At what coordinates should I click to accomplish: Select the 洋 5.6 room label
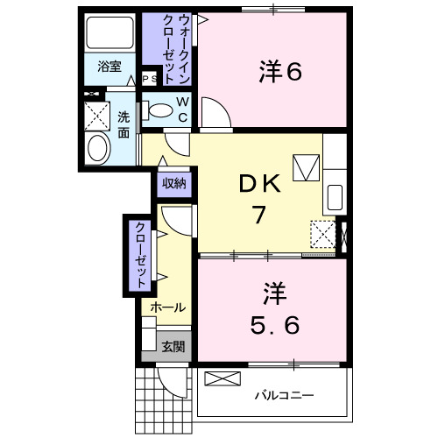[x=273, y=308]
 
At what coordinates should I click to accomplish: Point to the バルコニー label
[x=284, y=396]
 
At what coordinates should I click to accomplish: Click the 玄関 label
[x=173, y=347]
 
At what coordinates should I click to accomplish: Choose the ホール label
[x=167, y=307]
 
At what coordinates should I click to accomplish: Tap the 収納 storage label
[x=174, y=183]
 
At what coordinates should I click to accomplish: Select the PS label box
[x=150, y=78]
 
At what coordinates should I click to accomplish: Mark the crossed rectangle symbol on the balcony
[x=221, y=379]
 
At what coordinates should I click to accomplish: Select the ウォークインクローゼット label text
[x=183, y=50]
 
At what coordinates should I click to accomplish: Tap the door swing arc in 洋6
[x=215, y=112]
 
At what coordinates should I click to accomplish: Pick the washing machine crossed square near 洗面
[x=96, y=115]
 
